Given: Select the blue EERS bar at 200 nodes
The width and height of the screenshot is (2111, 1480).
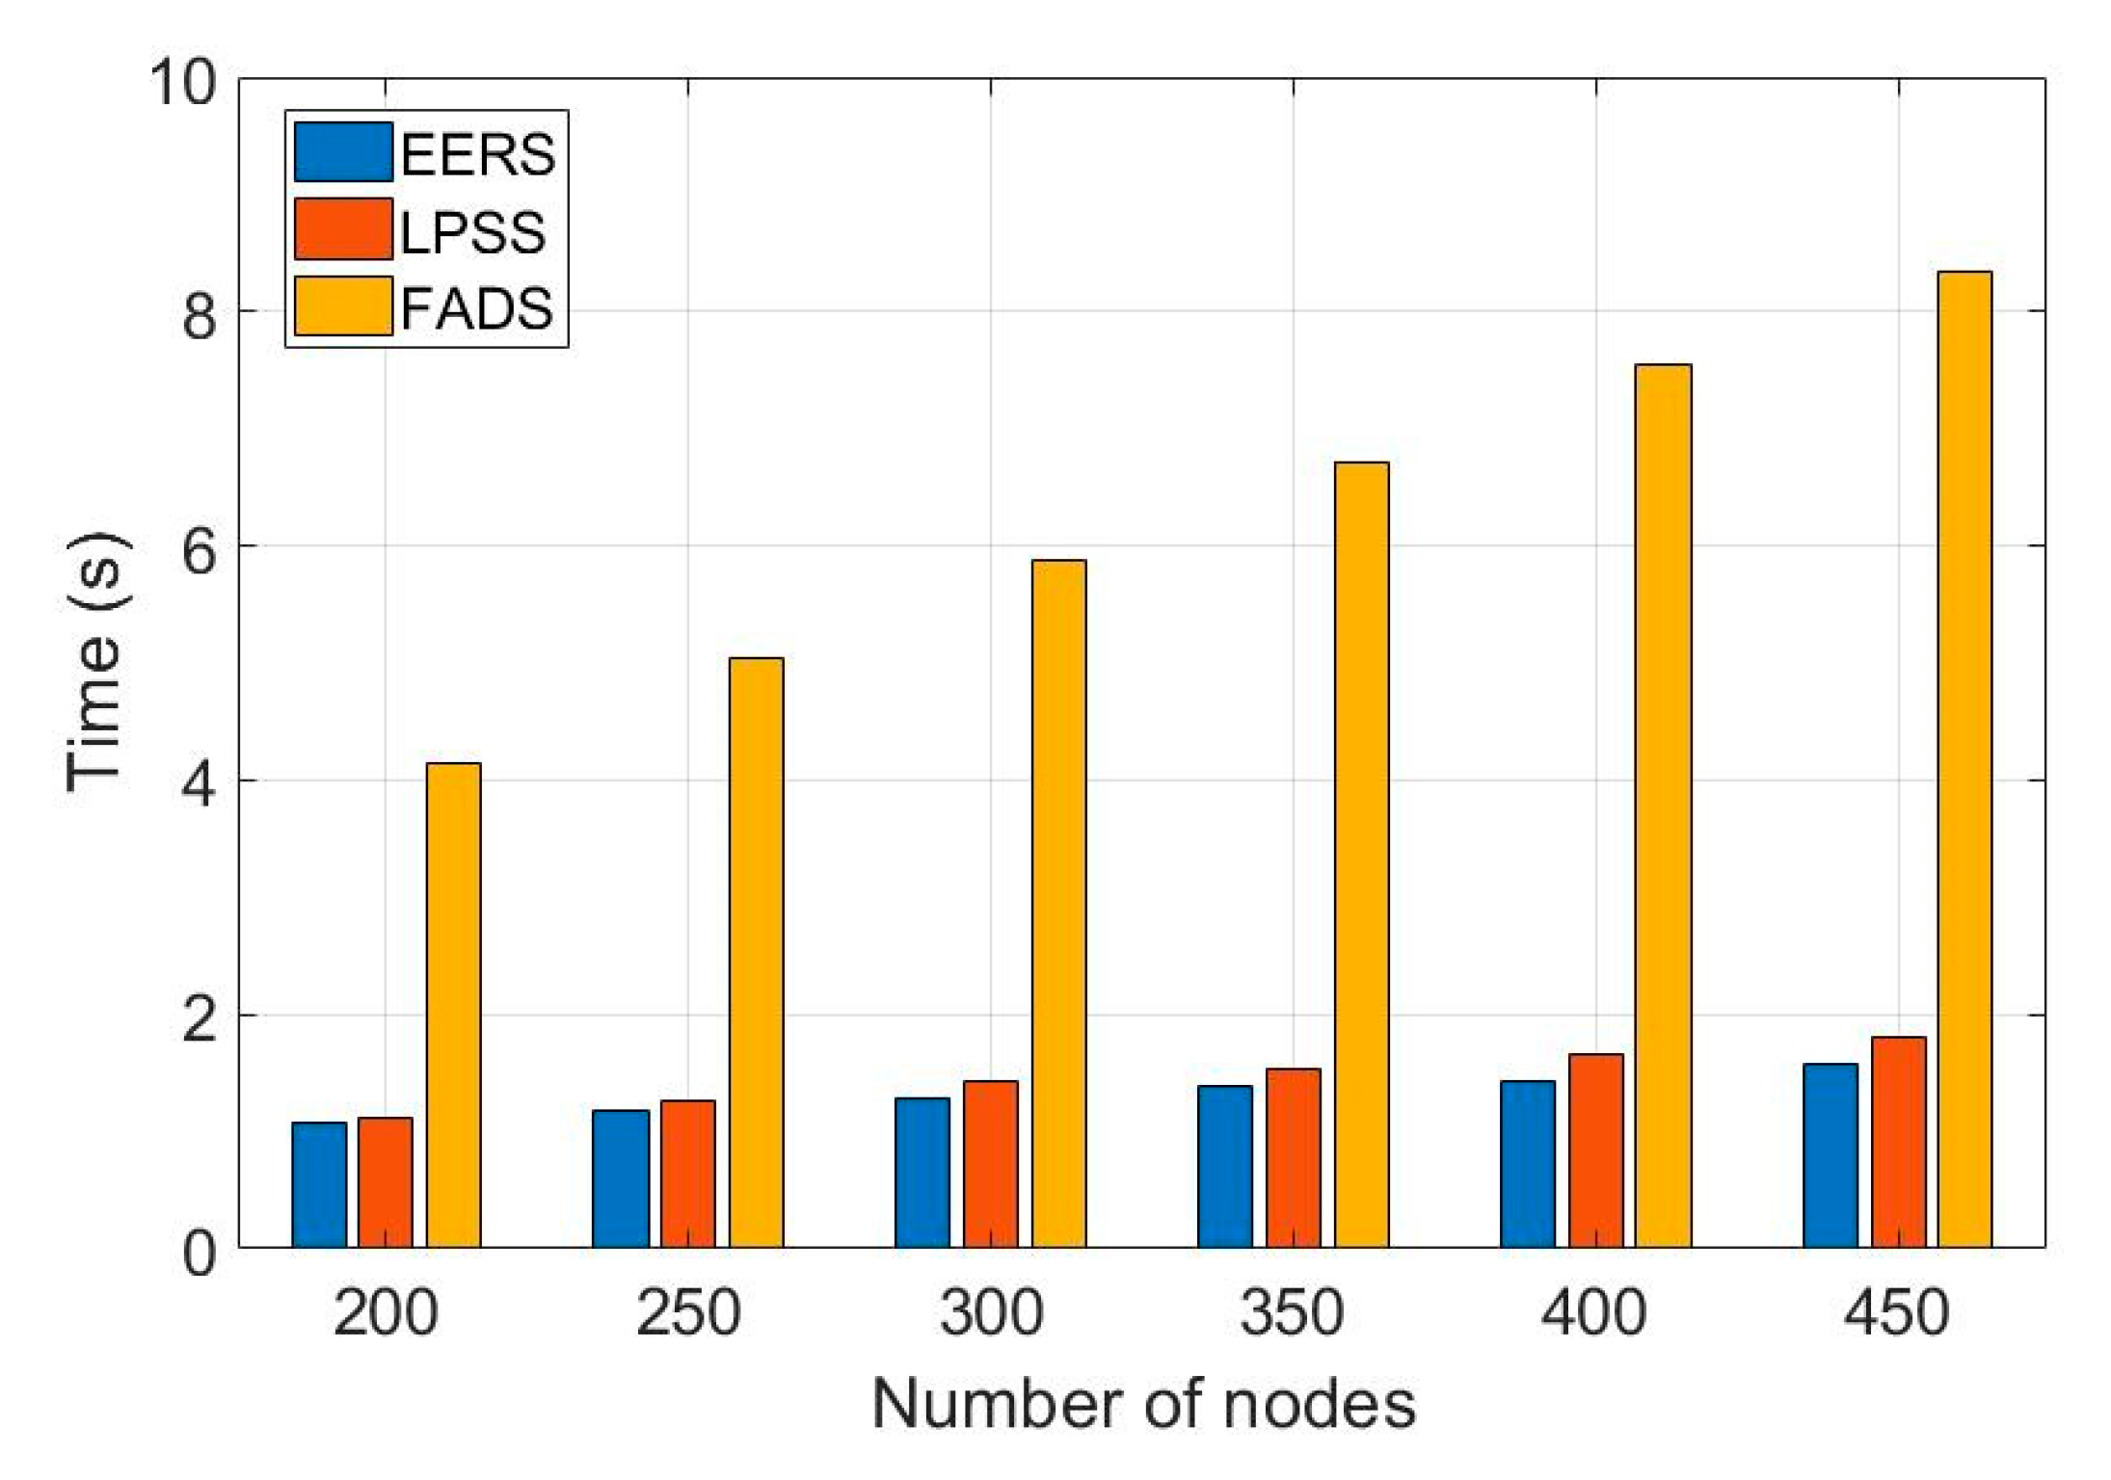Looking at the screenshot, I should [x=319, y=1184].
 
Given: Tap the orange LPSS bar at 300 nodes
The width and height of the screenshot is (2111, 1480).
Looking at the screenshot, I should [x=990, y=1163].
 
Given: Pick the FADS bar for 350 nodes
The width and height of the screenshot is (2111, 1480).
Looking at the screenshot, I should [x=1361, y=855].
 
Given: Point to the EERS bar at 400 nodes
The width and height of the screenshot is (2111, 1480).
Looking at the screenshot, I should [x=1527, y=1163].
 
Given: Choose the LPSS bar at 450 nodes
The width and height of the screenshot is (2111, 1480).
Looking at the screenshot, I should [x=1898, y=1142].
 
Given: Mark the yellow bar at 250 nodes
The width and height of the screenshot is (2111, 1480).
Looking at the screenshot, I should [x=756, y=952].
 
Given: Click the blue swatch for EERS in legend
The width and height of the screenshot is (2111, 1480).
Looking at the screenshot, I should [x=343, y=152].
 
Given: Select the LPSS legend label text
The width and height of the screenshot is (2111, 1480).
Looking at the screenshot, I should [x=472, y=232].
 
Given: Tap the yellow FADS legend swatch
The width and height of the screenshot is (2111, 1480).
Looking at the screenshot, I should [x=343, y=306].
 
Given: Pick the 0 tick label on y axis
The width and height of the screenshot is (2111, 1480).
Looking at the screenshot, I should [x=200, y=1254].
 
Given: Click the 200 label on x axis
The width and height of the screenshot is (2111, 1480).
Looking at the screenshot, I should [x=386, y=1313].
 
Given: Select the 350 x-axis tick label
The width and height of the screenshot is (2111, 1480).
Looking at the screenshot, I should [x=1292, y=1313].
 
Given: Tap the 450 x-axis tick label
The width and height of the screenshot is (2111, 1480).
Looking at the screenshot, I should [x=1896, y=1313].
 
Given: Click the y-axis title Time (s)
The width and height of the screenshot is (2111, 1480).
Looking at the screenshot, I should [x=94, y=663].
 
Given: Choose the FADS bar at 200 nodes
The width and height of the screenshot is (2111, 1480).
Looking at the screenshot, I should [x=453, y=1005].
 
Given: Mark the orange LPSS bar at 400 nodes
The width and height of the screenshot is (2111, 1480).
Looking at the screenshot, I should [x=1595, y=1150].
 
